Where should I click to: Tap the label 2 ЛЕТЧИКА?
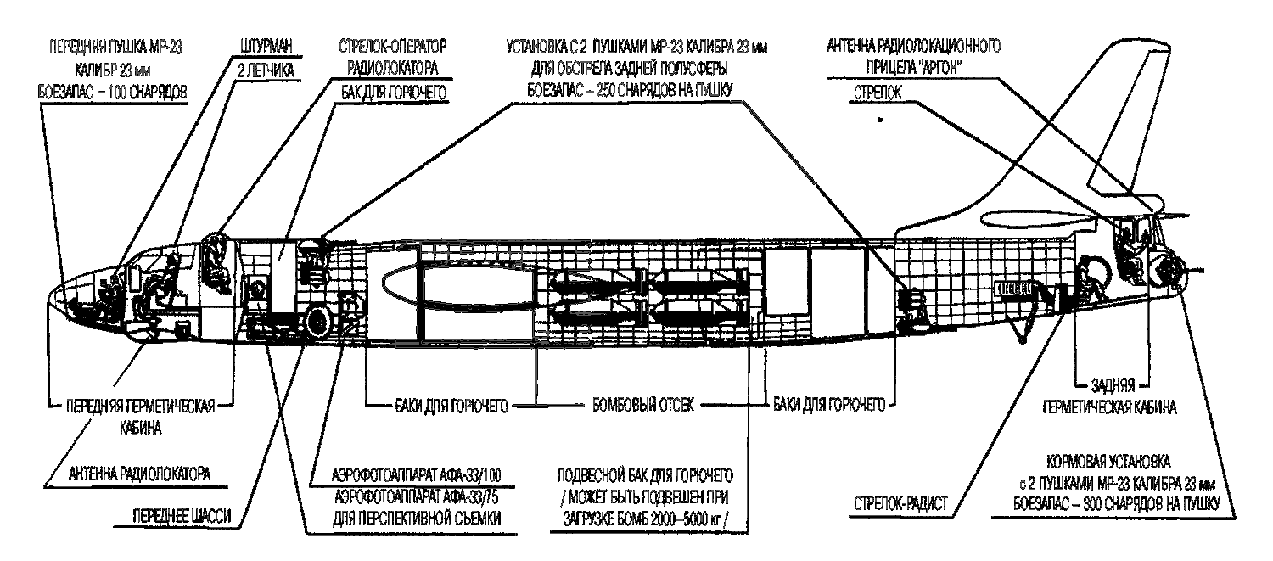(x=266, y=72)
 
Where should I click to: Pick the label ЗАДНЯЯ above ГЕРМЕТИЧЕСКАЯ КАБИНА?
(x=1112, y=388)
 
